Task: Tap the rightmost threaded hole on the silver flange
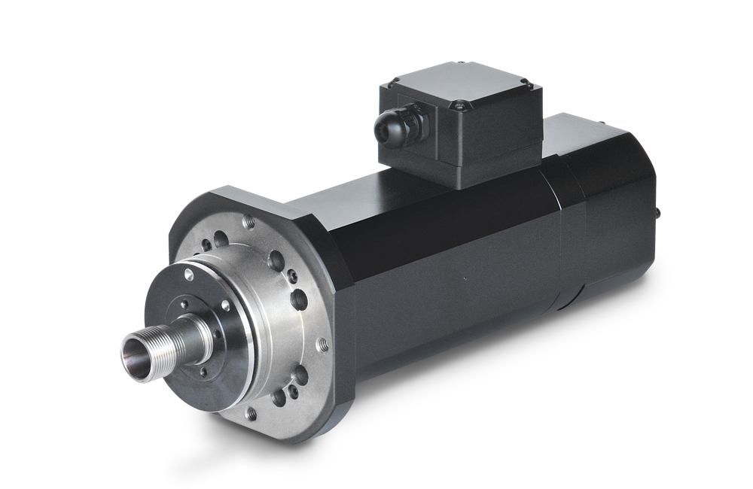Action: tap(324, 344)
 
